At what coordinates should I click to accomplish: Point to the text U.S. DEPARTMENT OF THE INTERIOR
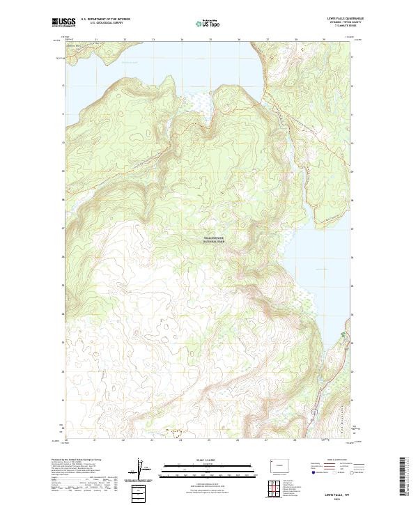[105, 20]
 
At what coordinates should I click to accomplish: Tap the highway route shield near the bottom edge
[314, 412]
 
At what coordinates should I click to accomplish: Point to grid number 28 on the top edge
[296, 40]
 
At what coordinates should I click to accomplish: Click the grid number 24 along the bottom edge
[181, 440]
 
